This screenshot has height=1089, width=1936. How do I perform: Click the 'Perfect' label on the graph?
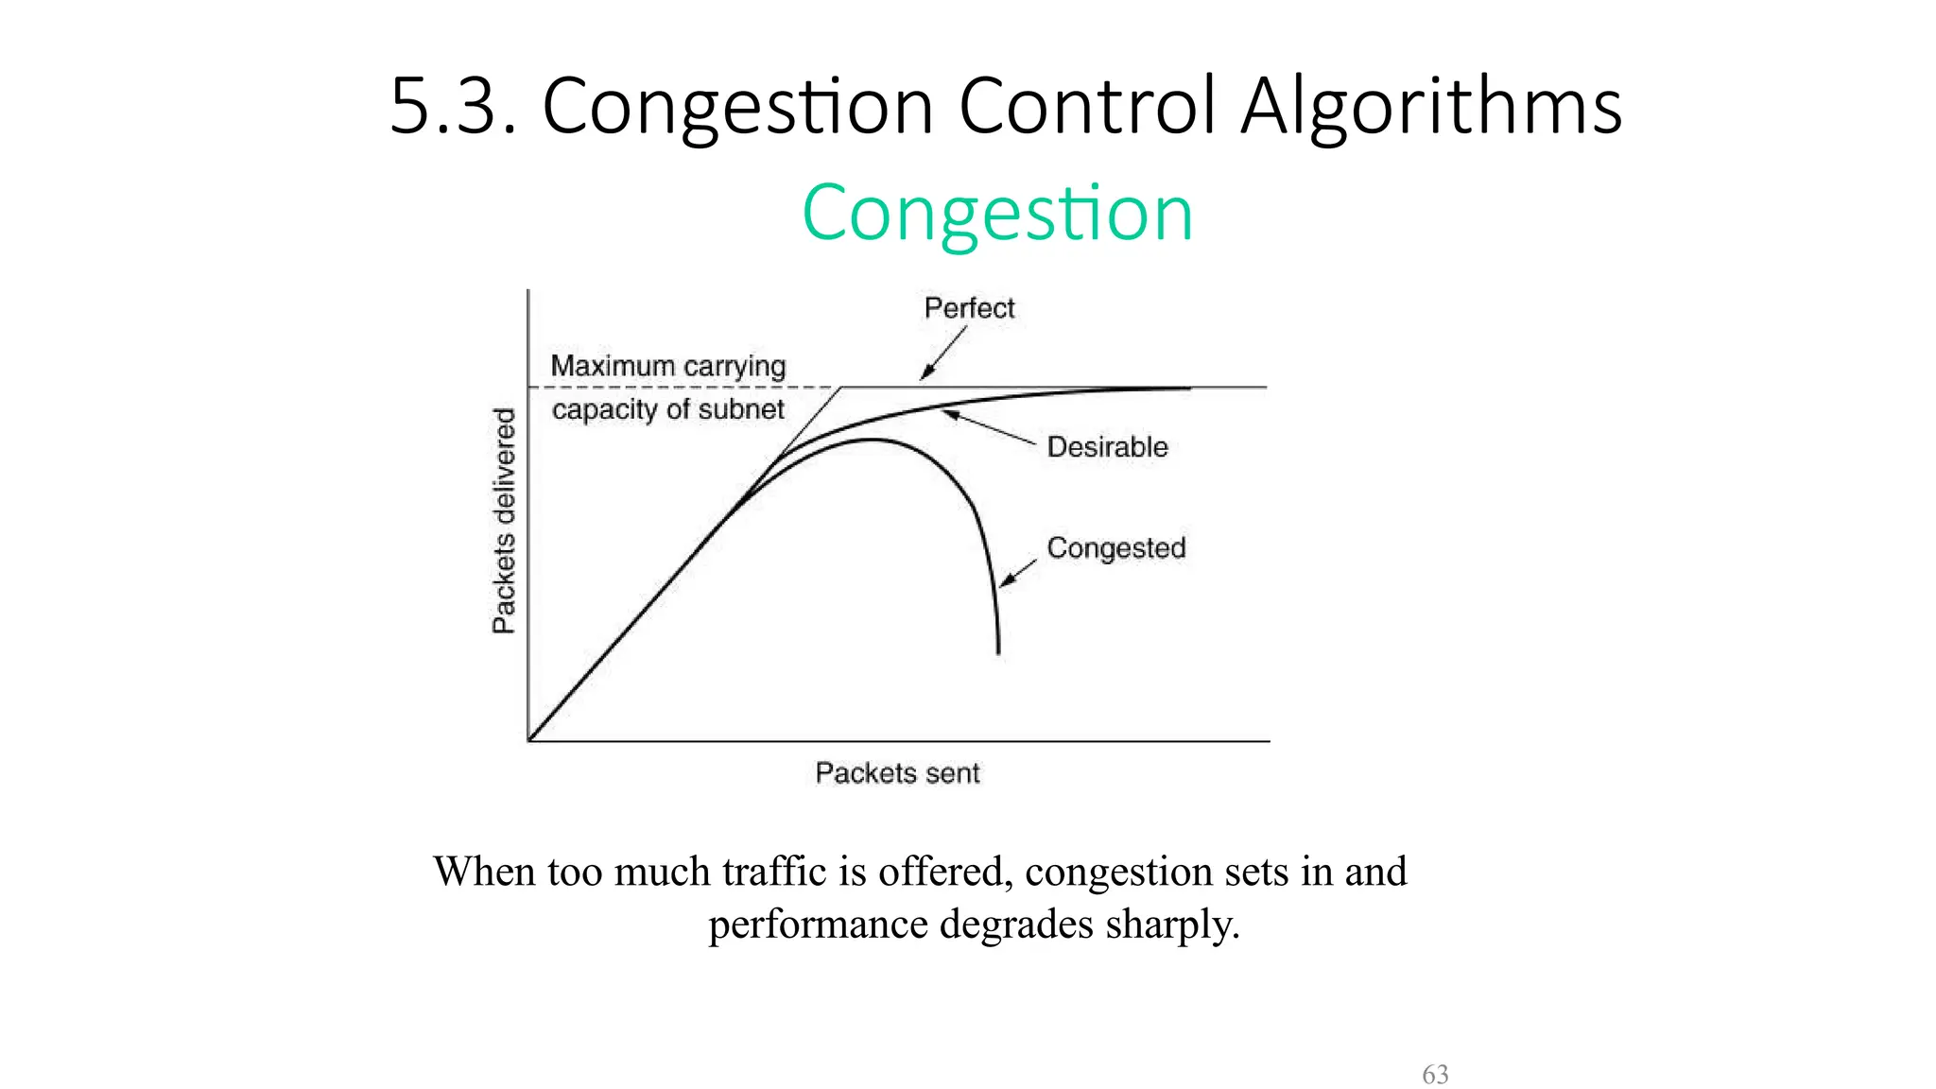(x=969, y=308)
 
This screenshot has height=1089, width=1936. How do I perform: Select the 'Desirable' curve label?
(x=1107, y=447)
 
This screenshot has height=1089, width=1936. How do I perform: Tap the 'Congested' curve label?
(x=1115, y=548)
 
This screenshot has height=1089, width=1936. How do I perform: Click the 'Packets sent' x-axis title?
(x=897, y=773)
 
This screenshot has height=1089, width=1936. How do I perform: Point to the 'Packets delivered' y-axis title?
(x=505, y=521)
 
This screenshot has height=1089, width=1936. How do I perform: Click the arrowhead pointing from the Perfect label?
(x=926, y=374)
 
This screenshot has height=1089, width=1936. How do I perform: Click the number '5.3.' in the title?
(x=452, y=106)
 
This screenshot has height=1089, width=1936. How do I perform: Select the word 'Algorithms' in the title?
(x=1431, y=106)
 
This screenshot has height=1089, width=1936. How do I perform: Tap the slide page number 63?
(x=1435, y=1075)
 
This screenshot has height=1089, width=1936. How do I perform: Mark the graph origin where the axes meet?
(x=528, y=741)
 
